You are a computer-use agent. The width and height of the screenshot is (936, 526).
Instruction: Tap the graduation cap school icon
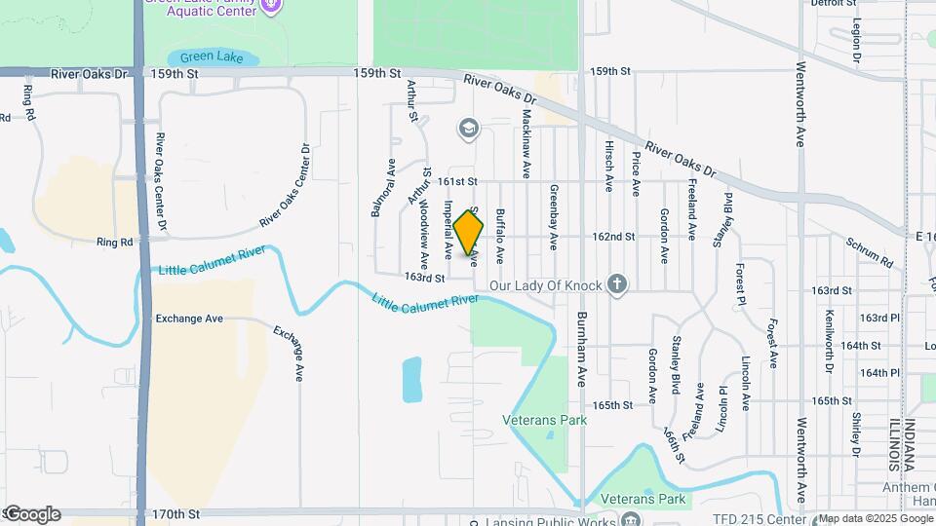469,128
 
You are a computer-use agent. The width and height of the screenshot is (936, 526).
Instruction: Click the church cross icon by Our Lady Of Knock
615,285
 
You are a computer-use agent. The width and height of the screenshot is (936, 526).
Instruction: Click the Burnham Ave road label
582,350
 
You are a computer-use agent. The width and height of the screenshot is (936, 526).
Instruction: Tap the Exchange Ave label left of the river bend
189,319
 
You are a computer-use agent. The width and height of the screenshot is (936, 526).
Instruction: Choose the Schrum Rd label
869,252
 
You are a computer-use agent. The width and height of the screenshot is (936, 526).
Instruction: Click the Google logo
33,514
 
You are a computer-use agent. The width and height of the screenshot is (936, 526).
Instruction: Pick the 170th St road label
175,513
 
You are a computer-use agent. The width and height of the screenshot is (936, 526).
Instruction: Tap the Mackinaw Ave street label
526,142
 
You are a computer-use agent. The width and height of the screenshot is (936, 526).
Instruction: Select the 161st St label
456,181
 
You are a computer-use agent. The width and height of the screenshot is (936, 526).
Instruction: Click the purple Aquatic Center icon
272,6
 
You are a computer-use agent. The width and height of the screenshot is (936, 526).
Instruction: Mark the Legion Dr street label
856,41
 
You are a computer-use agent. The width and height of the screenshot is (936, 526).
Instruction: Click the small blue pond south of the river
412,379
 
